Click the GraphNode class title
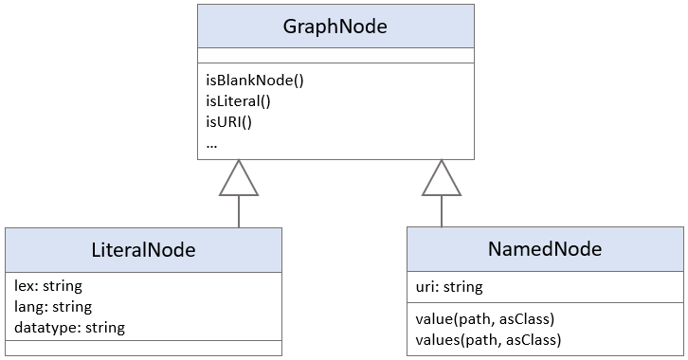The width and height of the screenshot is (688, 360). [335, 27]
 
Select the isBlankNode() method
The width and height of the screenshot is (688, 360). [254, 80]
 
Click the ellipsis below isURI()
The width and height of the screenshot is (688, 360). [210, 142]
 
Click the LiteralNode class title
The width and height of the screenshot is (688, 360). [144, 250]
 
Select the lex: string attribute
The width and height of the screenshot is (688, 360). [48, 285]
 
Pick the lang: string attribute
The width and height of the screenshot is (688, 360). [53, 306]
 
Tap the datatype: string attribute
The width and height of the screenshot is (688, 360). [70, 328]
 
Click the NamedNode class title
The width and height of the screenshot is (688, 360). [546, 250]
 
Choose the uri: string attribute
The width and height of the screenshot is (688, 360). [449, 286]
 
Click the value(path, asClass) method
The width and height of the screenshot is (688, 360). [484, 318]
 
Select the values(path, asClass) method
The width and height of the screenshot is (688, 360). [488, 339]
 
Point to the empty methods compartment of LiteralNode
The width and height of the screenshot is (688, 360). [144, 348]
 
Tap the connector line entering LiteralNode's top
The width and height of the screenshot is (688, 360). [239, 212]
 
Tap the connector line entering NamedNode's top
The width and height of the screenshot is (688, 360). [442, 212]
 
